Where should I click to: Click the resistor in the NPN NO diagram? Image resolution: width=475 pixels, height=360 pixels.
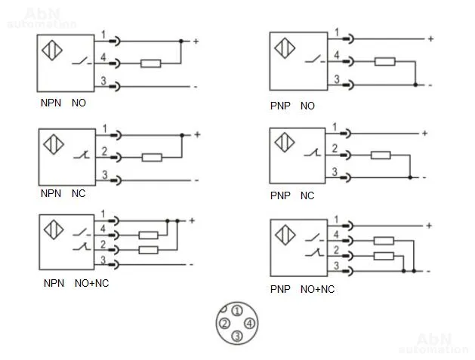[x=150, y=63]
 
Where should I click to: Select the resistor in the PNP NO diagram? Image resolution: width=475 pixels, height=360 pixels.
[x=384, y=61]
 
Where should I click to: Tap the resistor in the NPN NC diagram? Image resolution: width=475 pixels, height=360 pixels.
[x=152, y=158]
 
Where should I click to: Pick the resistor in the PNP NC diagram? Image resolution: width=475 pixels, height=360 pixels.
[x=381, y=155]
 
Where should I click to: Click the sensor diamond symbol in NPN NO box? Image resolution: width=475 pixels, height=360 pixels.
[x=52, y=51]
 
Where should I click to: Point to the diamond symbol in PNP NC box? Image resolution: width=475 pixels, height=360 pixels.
[x=285, y=142]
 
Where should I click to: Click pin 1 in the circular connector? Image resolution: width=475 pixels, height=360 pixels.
[x=237, y=311]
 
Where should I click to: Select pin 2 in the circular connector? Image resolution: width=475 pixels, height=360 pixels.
[x=224, y=324]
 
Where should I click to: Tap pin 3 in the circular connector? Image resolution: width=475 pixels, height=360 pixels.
[x=237, y=336]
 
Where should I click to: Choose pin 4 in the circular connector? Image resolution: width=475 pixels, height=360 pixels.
[x=249, y=323]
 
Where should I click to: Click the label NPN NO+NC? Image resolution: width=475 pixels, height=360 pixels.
[x=76, y=284]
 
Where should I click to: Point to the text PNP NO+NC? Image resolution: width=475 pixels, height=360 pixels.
[x=302, y=289]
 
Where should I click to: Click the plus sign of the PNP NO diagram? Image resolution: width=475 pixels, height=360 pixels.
[x=430, y=38]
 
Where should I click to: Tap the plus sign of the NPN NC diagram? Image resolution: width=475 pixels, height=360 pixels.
[x=197, y=134]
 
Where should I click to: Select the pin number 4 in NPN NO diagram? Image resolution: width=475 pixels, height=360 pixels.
[x=103, y=57]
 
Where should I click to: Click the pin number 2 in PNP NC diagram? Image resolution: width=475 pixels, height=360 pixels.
[x=335, y=149]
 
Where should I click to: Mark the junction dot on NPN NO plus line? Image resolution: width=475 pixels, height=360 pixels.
[x=180, y=42]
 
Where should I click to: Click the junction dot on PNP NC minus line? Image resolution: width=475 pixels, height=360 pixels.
[x=410, y=177]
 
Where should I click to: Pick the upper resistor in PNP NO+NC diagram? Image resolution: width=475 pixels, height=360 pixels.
[x=384, y=241]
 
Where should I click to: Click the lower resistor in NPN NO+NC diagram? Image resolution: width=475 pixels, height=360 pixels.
[x=148, y=250]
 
